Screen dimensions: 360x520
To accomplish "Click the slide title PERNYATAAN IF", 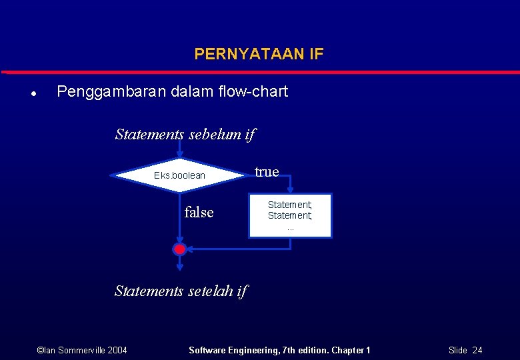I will pyautogui.click(x=259, y=54).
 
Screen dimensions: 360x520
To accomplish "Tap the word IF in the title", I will pyautogui.click(x=316, y=54).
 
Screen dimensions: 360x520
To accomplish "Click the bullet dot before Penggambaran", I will pyautogui.click(x=33, y=93).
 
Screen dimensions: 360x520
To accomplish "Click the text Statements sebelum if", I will pyautogui.click(x=185, y=134).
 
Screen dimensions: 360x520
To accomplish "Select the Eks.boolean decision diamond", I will pyautogui.click(x=179, y=175).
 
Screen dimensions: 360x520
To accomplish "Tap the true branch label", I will pyautogui.click(x=267, y=172).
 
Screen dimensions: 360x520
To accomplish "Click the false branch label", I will pyautogui.click(x=199, y=213).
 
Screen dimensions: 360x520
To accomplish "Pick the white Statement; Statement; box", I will pyautogui.click(x=290, y=215).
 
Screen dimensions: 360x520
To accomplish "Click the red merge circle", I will pyautogui.click(x=179, y=249).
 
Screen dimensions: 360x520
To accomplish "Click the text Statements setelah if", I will pyautogui.click(x=180, y=291).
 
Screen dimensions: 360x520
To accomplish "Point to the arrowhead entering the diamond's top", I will pyautogui.click(x=179, y=155).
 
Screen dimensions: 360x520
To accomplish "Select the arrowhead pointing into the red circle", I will pyautogui.click(x=190, y=249).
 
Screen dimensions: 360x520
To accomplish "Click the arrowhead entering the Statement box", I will pyautogui.click(x=290, y=190).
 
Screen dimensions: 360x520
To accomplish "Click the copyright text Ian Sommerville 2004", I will pyautogui.click(x=82, y=350).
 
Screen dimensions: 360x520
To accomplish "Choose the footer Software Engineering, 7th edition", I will pyautogui.click(x=279, y=350).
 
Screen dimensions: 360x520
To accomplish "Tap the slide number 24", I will pyautogui.click(x=477, y=350).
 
